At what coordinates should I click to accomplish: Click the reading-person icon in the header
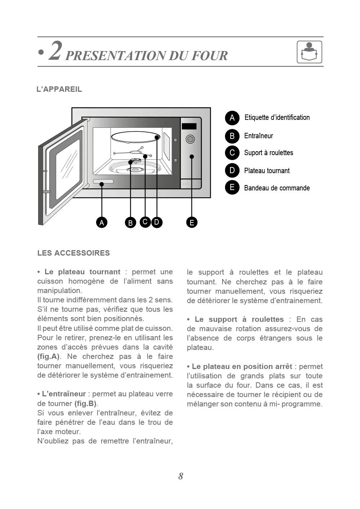click(x=309, y=52)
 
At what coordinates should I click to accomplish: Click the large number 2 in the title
click(x=55, y=51)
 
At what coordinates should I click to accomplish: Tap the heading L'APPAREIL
click(x=59, y=89)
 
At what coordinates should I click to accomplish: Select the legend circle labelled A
click(x=232, y=118)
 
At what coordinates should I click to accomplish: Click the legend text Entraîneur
click(x=258, y=136)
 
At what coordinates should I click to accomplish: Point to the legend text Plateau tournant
click(x=267, y=171)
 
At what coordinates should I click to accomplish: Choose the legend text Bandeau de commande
click(x=277, y=188)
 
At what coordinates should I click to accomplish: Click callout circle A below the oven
click(x=102, y=222)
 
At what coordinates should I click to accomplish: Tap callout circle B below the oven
click(x=130, y=223)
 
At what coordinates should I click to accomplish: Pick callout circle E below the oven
click(x=192, y=222)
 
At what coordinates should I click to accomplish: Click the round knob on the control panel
click(x=190, y=139)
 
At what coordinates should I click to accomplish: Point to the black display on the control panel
click(x=189, y=126)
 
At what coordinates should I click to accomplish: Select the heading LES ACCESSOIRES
click(x=73, y=253)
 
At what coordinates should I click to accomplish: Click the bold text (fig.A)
click(x=49, y=356)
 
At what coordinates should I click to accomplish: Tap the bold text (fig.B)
click(x=86, y=404)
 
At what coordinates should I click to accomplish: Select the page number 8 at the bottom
click(x=181, y=476)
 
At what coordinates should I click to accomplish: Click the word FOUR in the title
click(x=210, y=56)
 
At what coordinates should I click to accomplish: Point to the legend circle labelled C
click(x=232, y=153)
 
